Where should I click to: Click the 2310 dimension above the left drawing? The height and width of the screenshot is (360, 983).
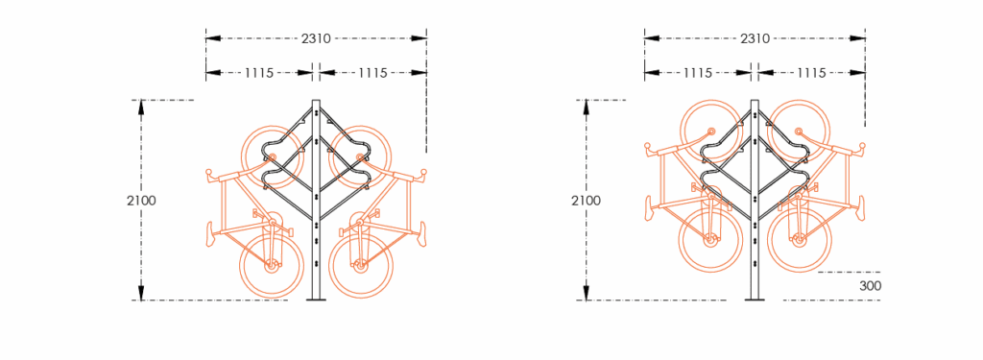316,38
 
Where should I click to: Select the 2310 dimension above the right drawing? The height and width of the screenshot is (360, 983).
755,38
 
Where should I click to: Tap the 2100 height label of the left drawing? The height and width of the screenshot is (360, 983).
141,201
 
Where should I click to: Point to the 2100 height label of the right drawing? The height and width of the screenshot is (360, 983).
586,201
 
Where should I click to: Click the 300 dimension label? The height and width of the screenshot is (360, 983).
870,285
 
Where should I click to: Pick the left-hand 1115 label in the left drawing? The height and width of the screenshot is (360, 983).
259,72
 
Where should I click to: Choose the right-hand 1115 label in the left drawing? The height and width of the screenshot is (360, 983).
372,72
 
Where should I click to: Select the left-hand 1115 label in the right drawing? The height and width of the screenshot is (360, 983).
698,72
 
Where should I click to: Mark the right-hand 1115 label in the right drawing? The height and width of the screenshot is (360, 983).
811,72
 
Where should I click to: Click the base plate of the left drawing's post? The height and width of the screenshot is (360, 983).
316,300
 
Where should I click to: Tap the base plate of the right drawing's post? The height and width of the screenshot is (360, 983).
755,300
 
